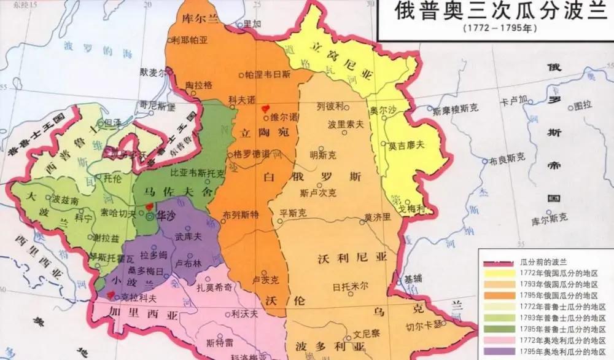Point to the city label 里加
pos(252,24)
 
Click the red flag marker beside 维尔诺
pos(265,106)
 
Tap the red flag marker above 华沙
pos(149,205)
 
